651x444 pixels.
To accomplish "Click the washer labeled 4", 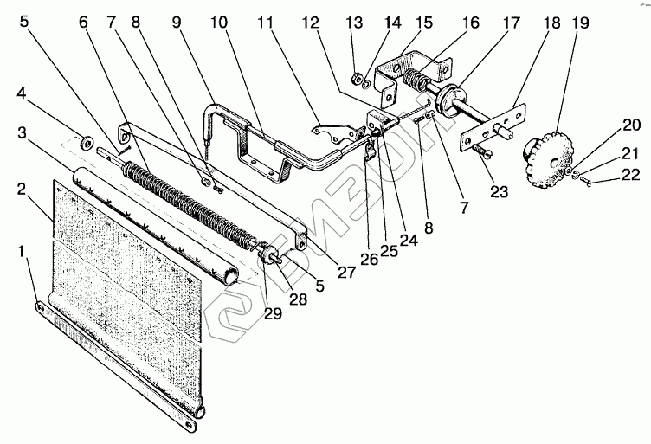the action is click(x=87, y=139).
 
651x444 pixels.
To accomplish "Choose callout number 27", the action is click(x=347, y=271).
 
